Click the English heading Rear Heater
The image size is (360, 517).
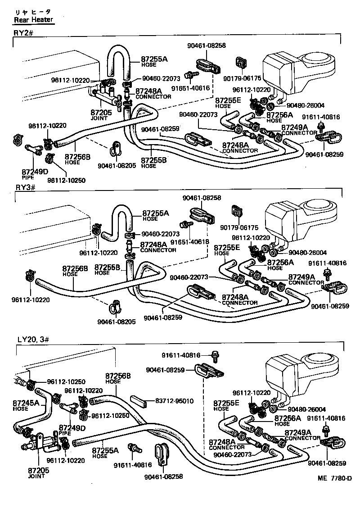33,19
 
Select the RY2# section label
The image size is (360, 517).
23,33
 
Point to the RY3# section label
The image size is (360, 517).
23,187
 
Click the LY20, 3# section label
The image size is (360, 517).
34,338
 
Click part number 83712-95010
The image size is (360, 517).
174,400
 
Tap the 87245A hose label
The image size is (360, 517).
26,403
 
